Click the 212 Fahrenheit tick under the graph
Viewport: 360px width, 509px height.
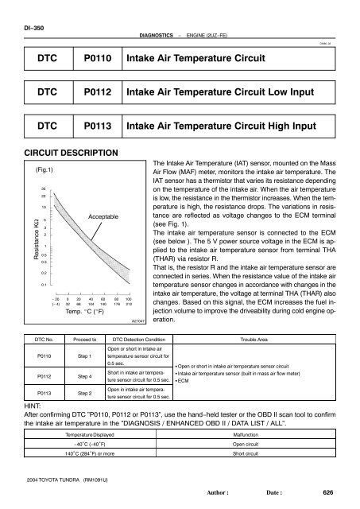(x=128, y=303)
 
